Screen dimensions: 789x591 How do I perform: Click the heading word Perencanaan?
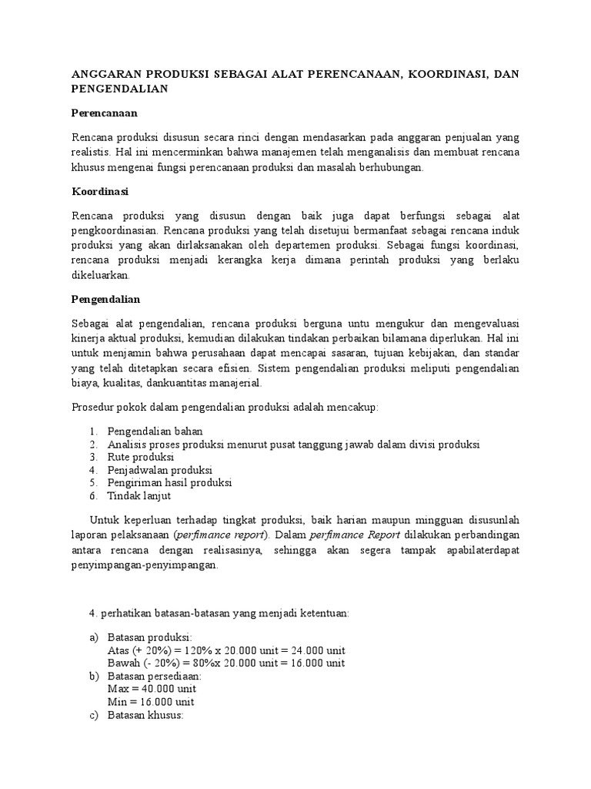point(103,113)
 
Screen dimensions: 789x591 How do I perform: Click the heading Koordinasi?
point(99,190)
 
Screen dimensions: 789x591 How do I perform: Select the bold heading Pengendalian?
point(106,298)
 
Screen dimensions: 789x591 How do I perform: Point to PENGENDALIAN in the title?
point(119,89)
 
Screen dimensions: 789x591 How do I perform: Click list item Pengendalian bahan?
point(155,431)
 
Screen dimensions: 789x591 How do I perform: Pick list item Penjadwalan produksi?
point(160,470)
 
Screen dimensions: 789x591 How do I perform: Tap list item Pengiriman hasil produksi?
point(170,483)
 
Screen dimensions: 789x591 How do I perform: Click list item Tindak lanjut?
point(139,496)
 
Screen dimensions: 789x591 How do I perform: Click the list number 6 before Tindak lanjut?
point(92,496)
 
